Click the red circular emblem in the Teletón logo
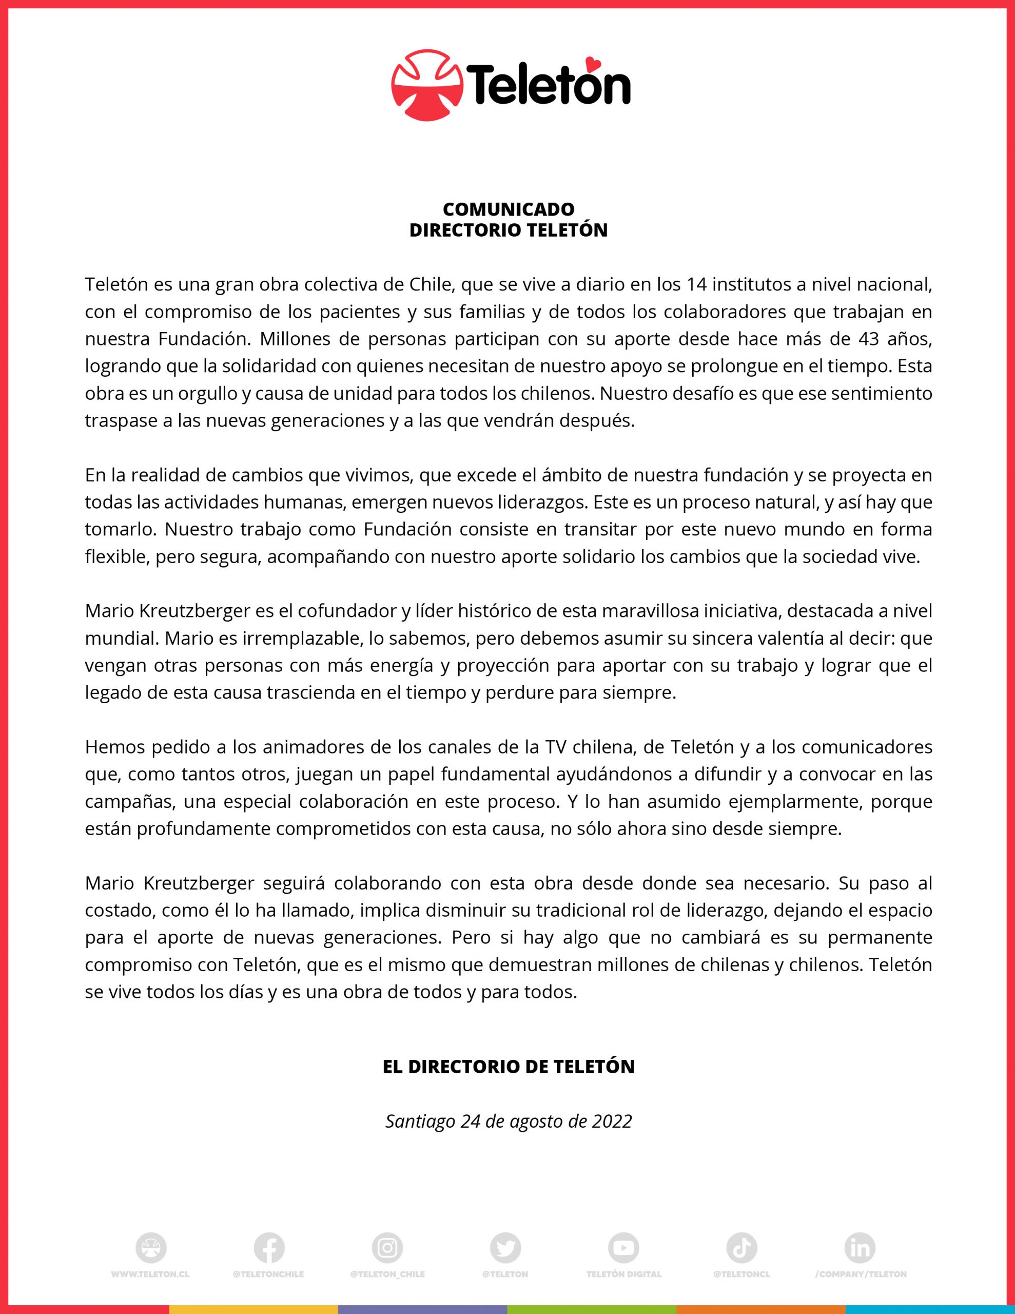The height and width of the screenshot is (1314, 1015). coord(427,85)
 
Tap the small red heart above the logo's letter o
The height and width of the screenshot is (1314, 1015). coord(593,62)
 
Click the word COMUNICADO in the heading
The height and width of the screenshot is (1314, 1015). coord(509,209)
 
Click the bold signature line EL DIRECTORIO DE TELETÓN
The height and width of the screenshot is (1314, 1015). coord(509,1067)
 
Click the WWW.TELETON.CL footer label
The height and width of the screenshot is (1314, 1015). coord(150,1274)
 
